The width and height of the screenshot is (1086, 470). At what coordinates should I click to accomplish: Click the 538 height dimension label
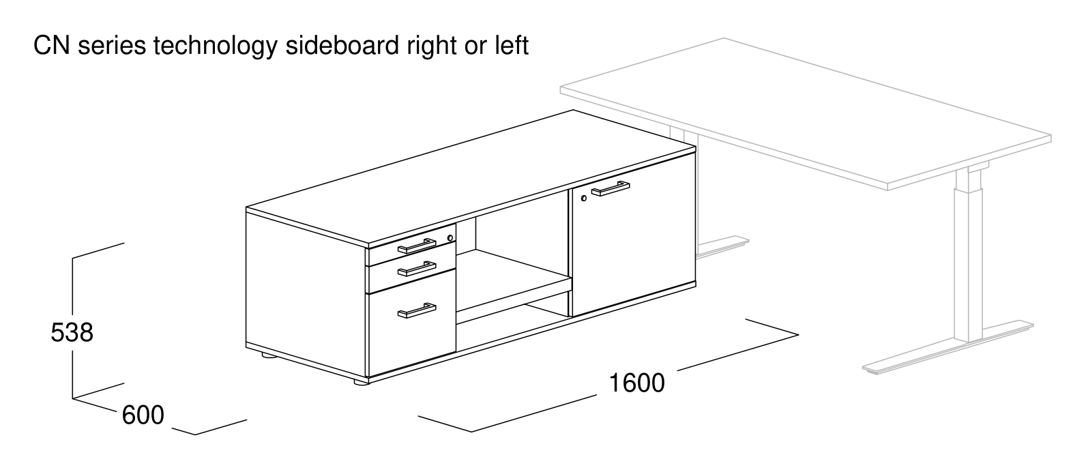(72, 333)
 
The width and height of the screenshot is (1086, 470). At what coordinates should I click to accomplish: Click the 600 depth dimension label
(143, 415)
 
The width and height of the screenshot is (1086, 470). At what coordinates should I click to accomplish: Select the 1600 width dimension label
(636, 383)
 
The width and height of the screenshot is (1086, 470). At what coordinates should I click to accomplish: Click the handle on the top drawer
(417, 246)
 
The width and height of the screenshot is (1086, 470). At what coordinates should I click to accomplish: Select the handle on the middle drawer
(417, 269)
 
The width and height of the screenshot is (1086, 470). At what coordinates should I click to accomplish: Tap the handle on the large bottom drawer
(417, 310)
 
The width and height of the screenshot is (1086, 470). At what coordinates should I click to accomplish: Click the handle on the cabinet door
(611, 189)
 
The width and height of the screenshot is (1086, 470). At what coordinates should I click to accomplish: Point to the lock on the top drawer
(451, 237)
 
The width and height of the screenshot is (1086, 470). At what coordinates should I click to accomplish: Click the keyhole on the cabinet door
(583, 198)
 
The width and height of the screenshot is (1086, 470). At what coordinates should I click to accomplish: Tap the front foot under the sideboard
(361, 382)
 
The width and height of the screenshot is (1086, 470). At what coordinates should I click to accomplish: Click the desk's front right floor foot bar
(948, 347)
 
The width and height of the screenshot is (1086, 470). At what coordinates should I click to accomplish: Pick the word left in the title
(512, 46)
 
